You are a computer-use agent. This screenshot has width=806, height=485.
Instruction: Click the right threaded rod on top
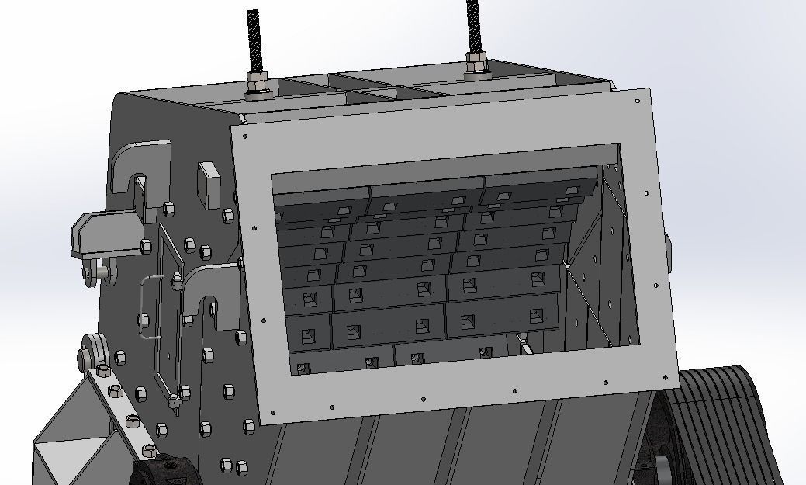(x=473, y=27)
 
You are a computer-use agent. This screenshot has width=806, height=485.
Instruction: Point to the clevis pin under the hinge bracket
(x=100, y=272)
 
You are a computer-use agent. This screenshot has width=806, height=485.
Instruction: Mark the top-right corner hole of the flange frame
(x=638, y=101)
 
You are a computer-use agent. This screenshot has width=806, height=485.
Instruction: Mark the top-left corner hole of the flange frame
(x=244, y=137)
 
